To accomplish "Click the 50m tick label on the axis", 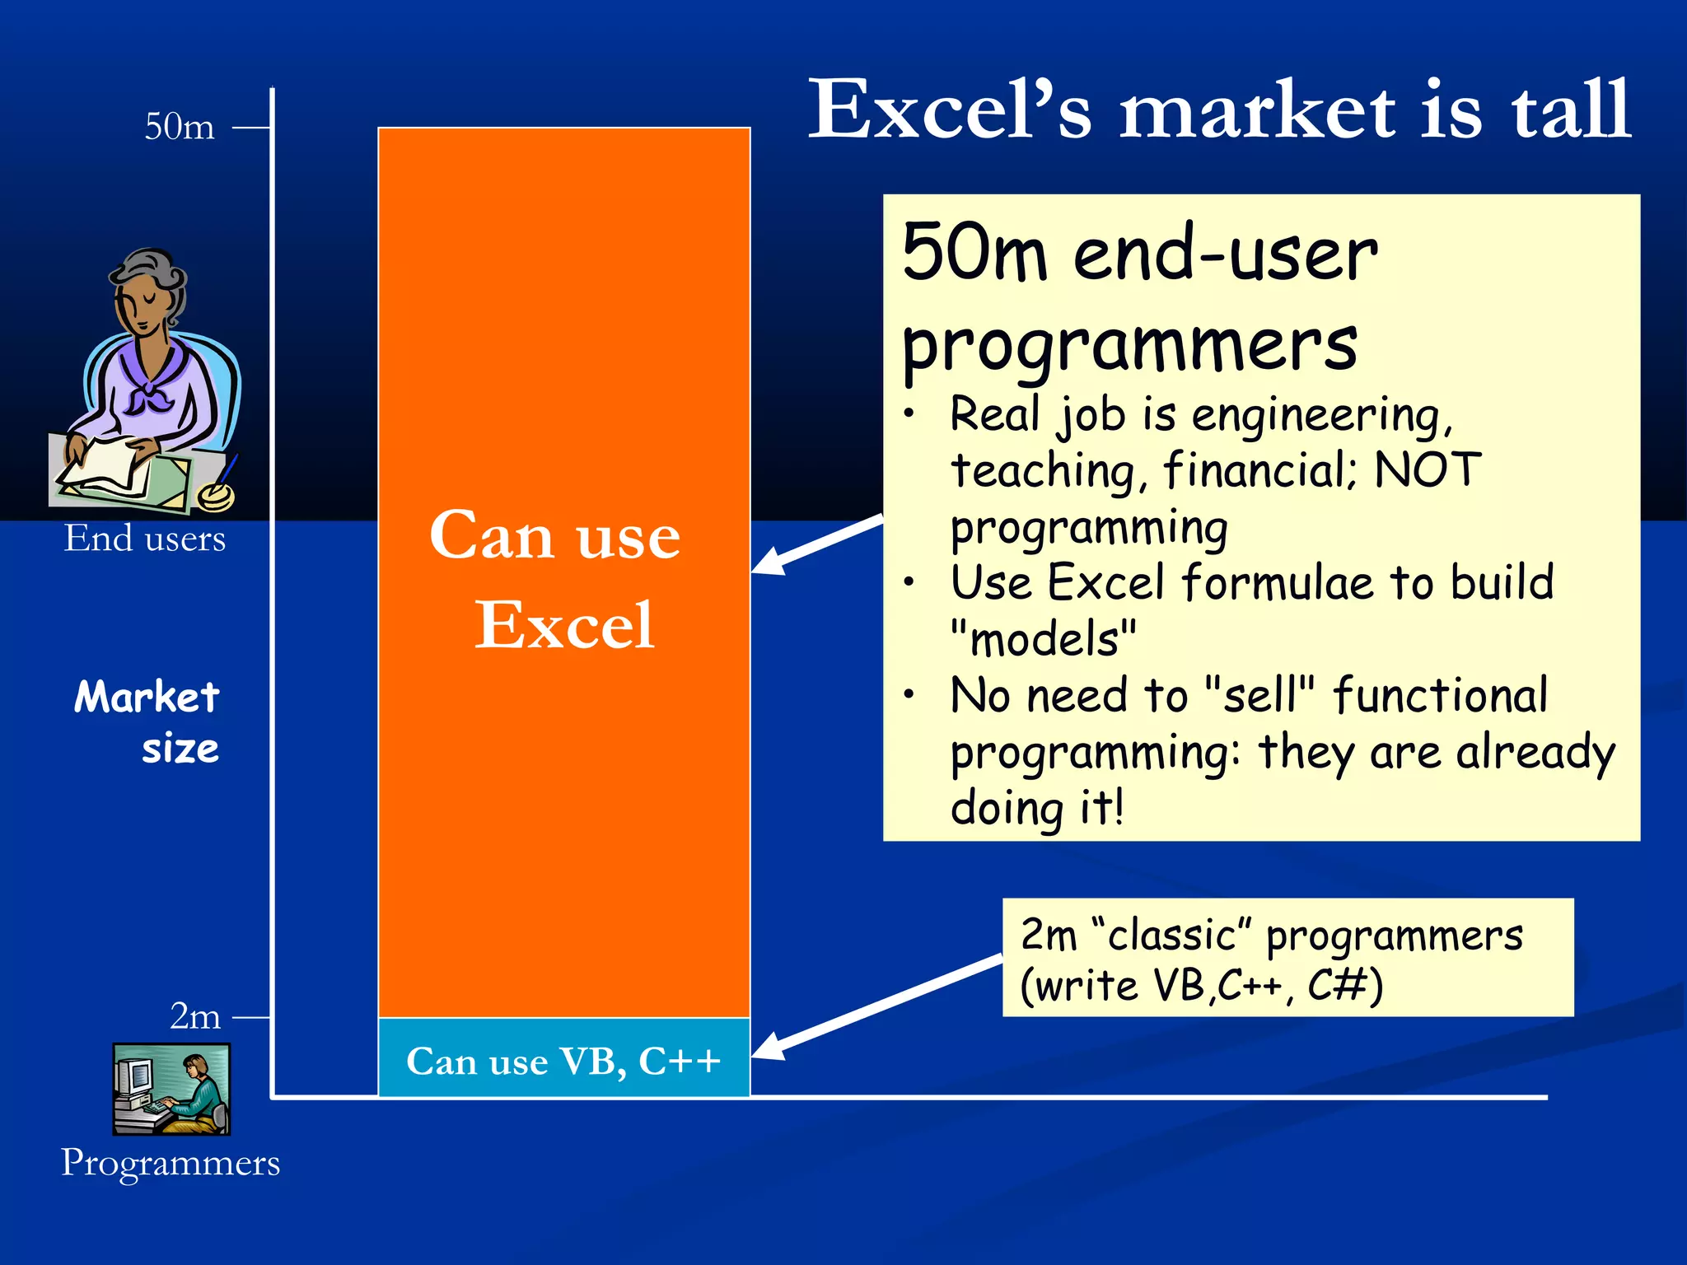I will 180,127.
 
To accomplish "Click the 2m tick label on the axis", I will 195,1016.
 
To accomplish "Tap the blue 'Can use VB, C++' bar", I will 563,1059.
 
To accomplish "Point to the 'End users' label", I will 145,539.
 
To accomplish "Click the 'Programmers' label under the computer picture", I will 171,1163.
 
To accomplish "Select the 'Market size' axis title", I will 148,722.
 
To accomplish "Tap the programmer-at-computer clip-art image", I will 171,1089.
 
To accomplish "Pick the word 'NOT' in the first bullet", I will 1428,470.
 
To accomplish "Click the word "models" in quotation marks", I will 1043,639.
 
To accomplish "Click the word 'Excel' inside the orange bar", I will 564,625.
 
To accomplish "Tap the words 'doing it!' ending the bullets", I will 1036,807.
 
